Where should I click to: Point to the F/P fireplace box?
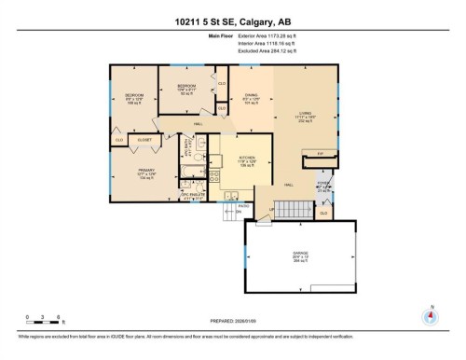(x=320, y=153)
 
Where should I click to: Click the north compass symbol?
(x=430, y=315)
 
